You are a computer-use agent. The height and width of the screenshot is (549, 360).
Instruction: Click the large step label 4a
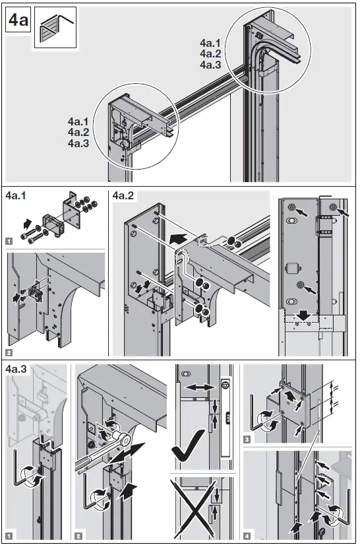pyautogui.click(x=18, y=21)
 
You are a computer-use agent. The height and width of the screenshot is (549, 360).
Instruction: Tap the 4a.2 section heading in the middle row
pyautogui.click(x=124, y=196)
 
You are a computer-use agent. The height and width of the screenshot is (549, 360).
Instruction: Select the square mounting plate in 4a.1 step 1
pyautogui.click(x=72, y=211)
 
